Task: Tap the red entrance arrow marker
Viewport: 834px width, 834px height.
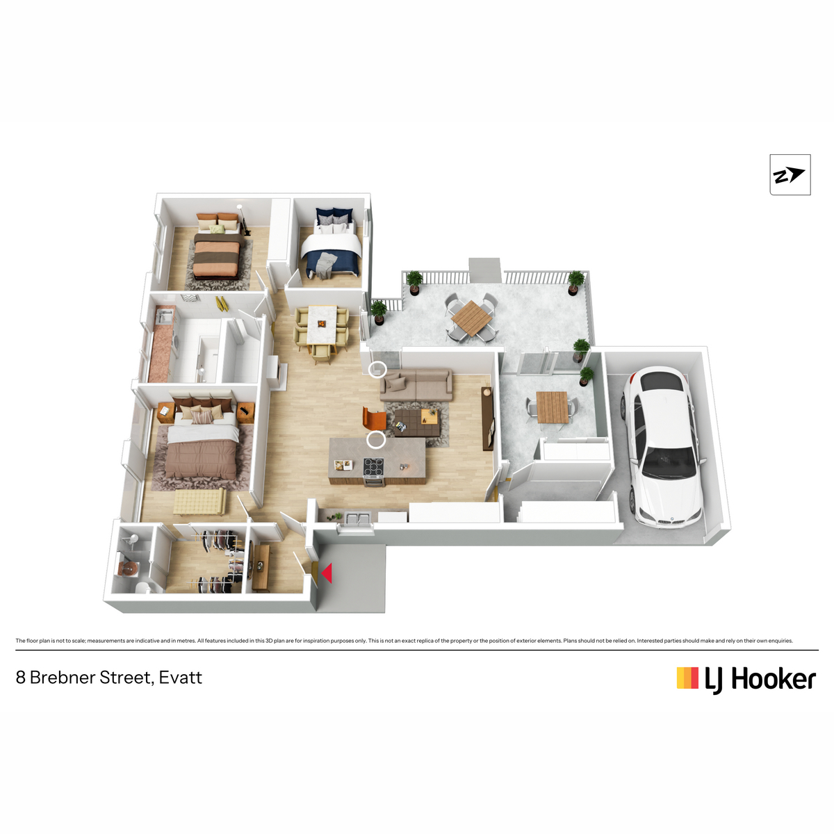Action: (327, 573)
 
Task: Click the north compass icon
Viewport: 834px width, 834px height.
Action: (790, 175)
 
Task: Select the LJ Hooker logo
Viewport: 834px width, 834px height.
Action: (746, 679)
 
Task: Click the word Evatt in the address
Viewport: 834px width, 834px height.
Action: (181, 678)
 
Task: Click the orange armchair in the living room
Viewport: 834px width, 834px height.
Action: (373, 418)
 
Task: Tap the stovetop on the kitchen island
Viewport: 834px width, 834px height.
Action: (373, 468)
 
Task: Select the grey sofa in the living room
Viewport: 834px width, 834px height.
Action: (416, 384)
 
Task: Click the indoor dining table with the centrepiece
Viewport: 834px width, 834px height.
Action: (322, 325)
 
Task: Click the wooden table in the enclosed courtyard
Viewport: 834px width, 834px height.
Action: (553, 407)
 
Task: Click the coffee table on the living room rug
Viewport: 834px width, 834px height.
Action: (417, 423)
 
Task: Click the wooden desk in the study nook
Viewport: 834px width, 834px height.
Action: (261, 568)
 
